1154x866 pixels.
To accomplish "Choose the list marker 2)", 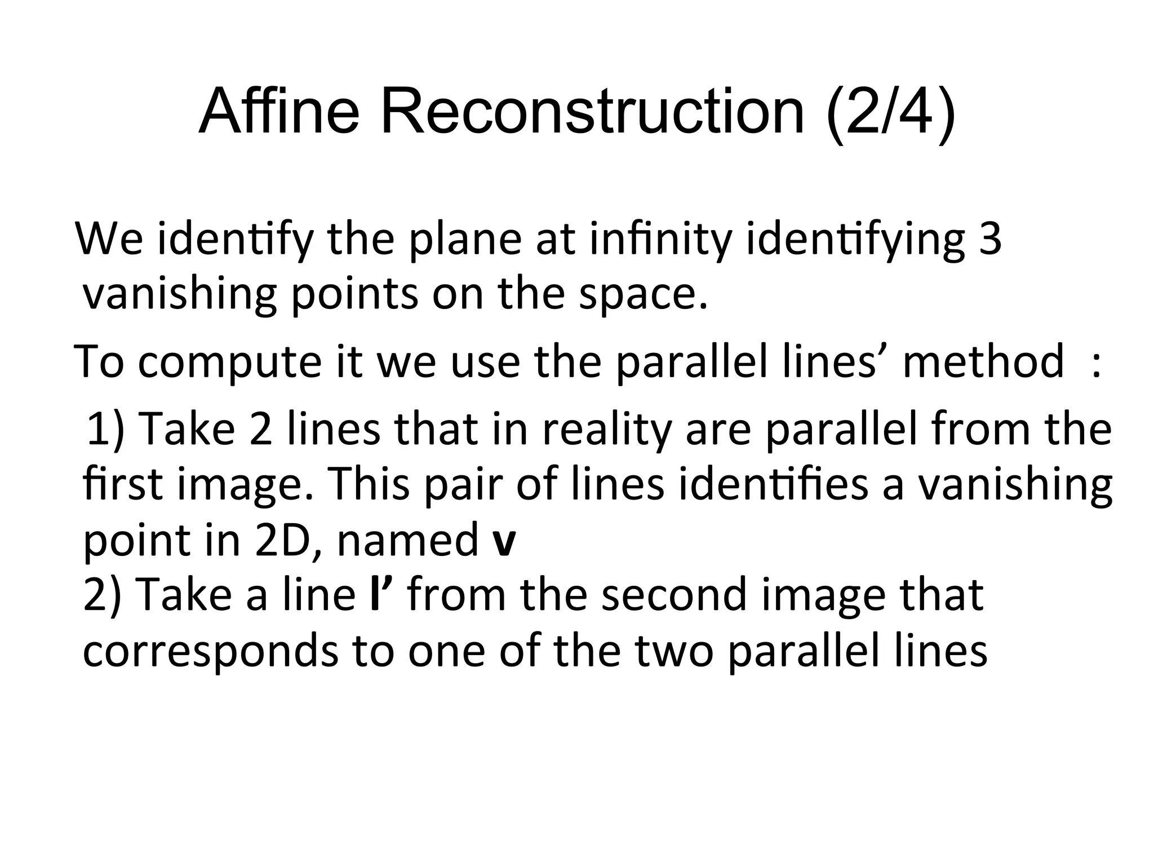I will coord(102,595).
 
